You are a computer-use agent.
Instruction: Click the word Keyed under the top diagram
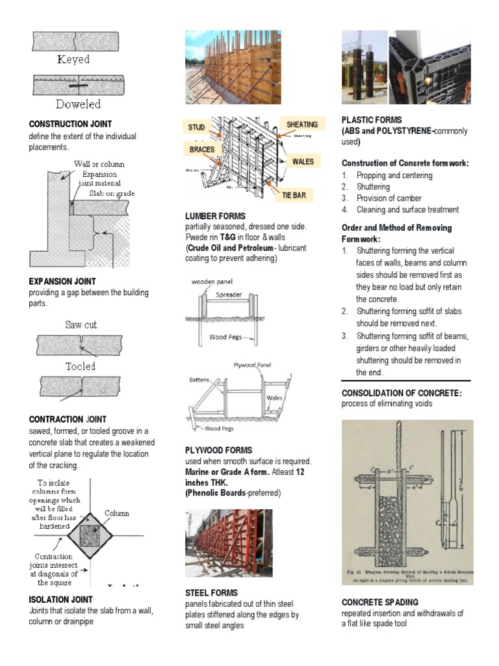tap(73, 60)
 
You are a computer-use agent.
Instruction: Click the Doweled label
tap(78, 104)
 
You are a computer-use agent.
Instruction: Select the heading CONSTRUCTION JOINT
tap(70, 124)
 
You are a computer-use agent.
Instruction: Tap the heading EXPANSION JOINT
tap(62, 282)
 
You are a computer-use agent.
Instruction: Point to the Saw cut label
tap(81, 325)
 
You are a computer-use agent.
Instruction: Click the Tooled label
tap(80, 366)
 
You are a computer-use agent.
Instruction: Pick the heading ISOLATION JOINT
tap(61, 599)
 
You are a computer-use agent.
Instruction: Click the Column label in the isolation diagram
tap(117, 513)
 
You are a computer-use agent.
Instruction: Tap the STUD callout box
tap(197, 127)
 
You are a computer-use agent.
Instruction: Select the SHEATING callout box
tap(302, 124)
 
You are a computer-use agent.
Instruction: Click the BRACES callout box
tap(202, 150)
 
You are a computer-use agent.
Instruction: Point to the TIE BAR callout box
tap(294, 194)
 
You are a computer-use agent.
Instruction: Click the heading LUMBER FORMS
tap(216, 215)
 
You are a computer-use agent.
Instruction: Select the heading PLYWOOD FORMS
tap(218, 450)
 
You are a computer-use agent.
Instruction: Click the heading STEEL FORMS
tap(211, 593)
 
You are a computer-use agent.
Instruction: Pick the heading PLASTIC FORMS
tap(372, 120)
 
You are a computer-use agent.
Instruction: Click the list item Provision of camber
tap(389, 198)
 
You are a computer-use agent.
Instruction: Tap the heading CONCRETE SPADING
tap(380, 602)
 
